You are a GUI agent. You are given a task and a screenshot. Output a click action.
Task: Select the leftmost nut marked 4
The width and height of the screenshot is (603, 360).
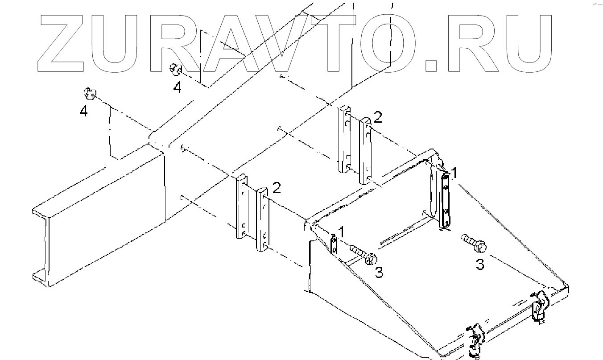pos(89,94)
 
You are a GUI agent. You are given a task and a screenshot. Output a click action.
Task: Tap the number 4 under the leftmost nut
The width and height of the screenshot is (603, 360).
pos(83,111)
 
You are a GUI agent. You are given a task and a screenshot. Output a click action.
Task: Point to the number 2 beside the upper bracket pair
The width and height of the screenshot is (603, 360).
pos(378,117)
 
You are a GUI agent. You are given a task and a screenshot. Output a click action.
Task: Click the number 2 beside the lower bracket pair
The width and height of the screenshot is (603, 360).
pos(276,188)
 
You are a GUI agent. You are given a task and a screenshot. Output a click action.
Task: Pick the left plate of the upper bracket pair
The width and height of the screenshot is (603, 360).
pos(345,139)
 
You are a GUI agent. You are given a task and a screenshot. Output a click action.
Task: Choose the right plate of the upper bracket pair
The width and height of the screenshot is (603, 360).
pos(365,149)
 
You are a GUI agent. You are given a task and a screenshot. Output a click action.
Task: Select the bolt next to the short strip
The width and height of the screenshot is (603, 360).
pos(363,254)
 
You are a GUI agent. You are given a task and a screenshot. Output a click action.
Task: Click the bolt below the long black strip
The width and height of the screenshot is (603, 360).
pos(473,242)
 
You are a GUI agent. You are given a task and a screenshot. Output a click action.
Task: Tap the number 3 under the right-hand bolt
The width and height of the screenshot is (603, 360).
pos(479,265)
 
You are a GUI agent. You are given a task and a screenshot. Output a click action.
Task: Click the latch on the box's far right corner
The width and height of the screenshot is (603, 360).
pos(540,305)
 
